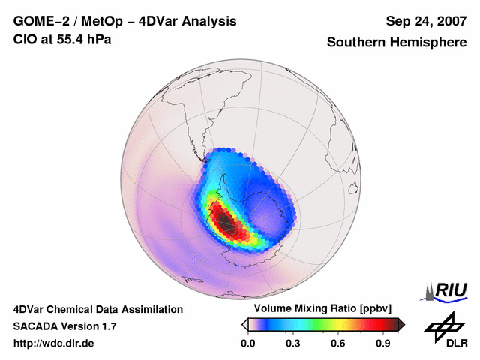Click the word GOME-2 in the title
pyautogui.click(x=39, y=21)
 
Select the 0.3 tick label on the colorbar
pyautogui.click(x=292, y=343)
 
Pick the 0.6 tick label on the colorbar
pyautogui.click(x=338, y=343)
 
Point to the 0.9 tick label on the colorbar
pyautogui.click(x=383, y=343)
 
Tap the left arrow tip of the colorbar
pyautogui.click(x=244, y=324)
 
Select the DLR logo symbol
pyautogui.click(x=442, y=325)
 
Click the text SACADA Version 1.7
pyautogui.click(x=64, y=326)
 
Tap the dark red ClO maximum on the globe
pyautogui.click(x=224, y=221)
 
